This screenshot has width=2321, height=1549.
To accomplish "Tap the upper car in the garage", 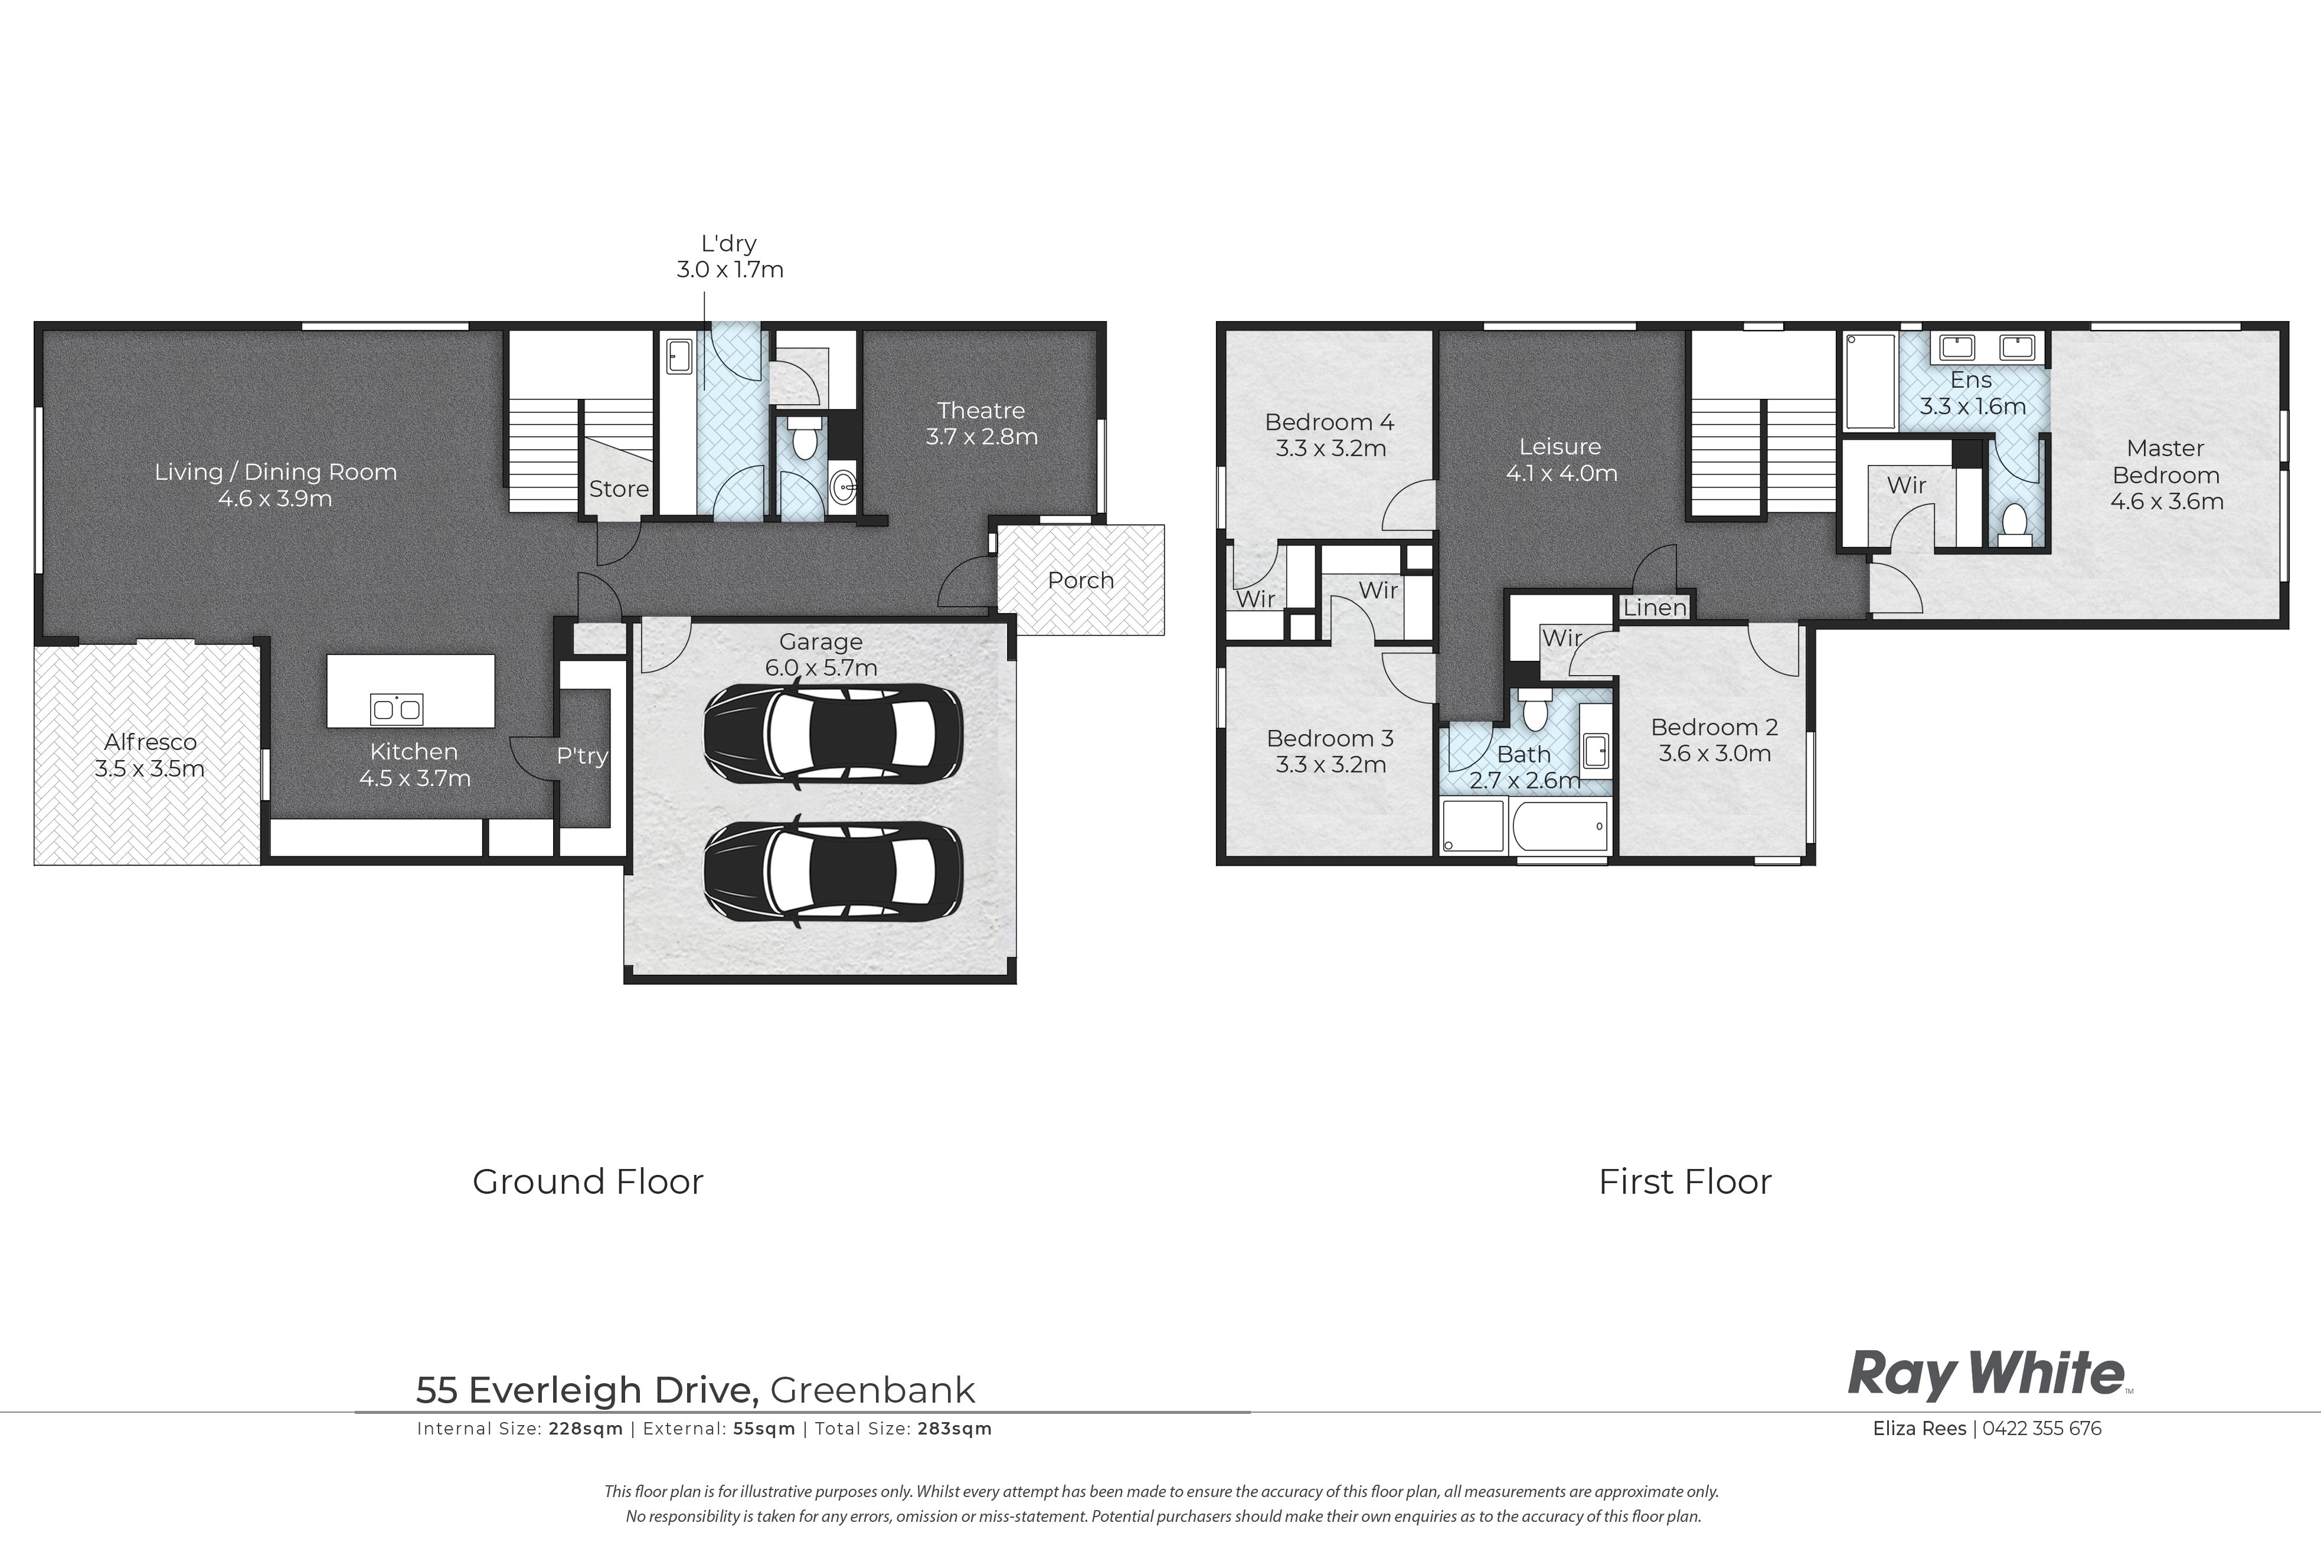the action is coord(832,734).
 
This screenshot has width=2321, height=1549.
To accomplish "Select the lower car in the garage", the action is coord(832,872).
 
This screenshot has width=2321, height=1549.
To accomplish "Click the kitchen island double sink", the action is coord(396,708).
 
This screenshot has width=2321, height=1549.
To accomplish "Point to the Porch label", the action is coord(1080,580).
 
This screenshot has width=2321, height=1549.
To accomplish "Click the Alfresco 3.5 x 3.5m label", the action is coord(150,755).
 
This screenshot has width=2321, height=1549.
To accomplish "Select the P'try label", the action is coord(582,756).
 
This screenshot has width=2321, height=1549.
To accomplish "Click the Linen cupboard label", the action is coord(1655,608).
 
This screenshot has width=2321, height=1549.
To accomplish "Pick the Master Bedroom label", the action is coord(2166,474).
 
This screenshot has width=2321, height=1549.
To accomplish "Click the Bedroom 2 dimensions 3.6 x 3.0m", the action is coord(1714,754).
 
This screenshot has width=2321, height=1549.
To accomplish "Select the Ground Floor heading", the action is coord(588,1181).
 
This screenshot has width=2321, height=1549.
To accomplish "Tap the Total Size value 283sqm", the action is coord(954,1429).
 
